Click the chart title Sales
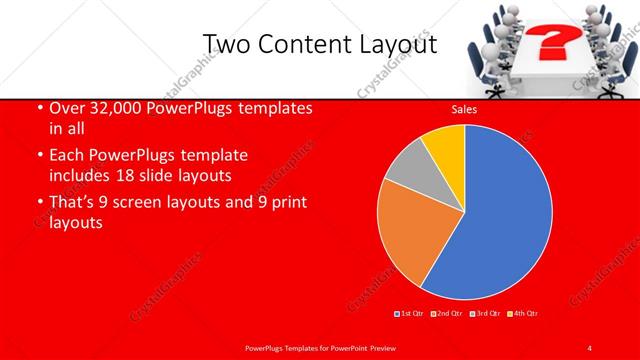[464, 111]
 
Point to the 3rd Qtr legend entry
[486, 314]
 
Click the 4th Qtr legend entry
[523, 314]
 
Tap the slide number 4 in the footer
[590, 347]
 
